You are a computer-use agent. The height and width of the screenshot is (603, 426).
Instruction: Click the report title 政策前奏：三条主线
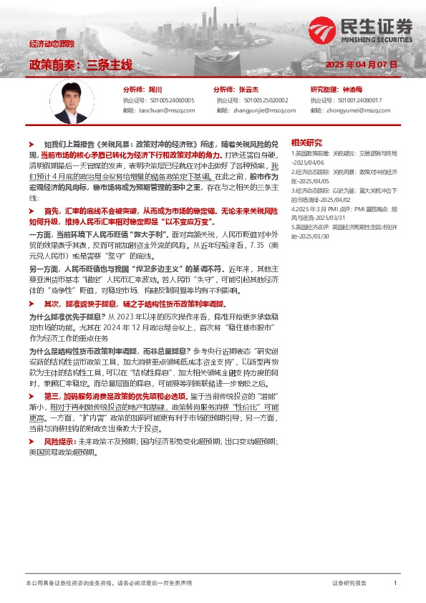point(80,64)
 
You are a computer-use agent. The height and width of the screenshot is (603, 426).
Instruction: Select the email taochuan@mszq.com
point(168,110)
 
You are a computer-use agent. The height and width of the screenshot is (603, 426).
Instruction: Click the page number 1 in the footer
point(394,583)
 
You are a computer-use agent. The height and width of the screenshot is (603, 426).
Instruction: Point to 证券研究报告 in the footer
point(349,583)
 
